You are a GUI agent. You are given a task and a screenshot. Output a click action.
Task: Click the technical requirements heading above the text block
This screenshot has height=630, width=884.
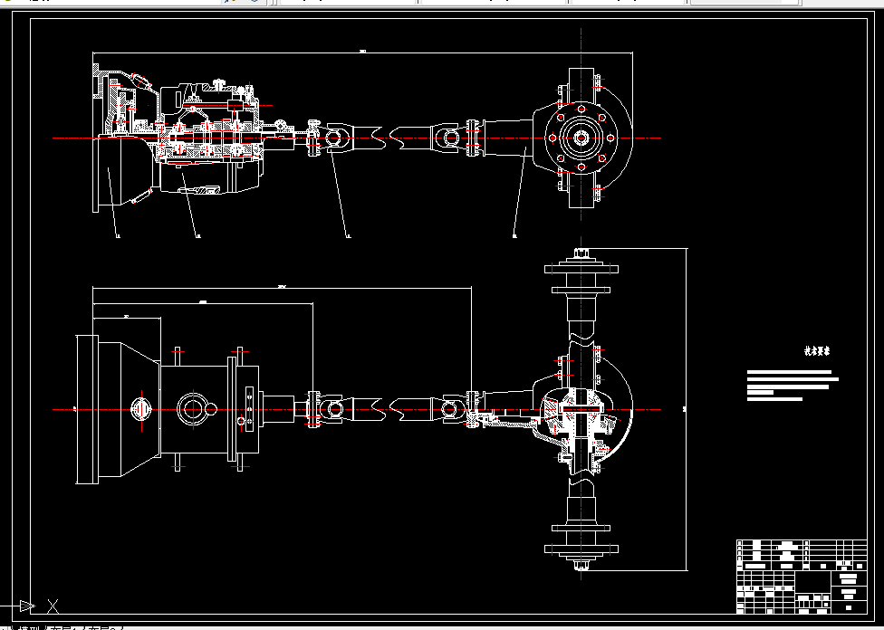pyautogui.click(x=818, y=350)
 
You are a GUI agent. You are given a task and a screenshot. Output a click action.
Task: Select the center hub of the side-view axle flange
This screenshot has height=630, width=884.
pyautogui.click(x=580, y=138)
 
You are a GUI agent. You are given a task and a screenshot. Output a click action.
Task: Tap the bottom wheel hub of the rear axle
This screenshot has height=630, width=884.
pyautogui.click(x=581, y=549)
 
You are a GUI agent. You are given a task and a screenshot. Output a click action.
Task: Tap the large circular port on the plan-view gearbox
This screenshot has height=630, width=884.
pyautogui.click(x=193, y=409)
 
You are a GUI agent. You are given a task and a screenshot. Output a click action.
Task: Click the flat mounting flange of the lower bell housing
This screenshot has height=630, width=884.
pyautogui.click(x=87, y=409)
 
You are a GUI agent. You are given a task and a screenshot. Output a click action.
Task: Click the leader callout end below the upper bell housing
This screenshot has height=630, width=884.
pyautogui.click(x=119, y=236)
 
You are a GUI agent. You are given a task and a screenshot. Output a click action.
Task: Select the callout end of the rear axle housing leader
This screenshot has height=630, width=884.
pyautogui.click(x=514, y=236)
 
